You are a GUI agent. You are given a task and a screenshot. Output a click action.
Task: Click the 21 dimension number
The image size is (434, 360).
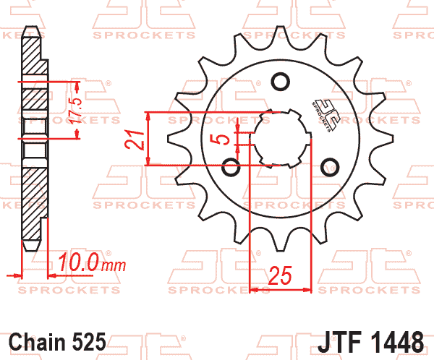point(133,139)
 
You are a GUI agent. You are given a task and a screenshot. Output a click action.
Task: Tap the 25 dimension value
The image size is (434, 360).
point(280,275)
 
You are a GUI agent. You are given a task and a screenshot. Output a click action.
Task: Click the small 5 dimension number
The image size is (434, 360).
point(225,139)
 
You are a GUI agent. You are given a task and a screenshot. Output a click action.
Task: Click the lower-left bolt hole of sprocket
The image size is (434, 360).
point(232,168)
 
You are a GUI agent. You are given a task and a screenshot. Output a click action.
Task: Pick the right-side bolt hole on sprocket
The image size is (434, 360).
point(329,165)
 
